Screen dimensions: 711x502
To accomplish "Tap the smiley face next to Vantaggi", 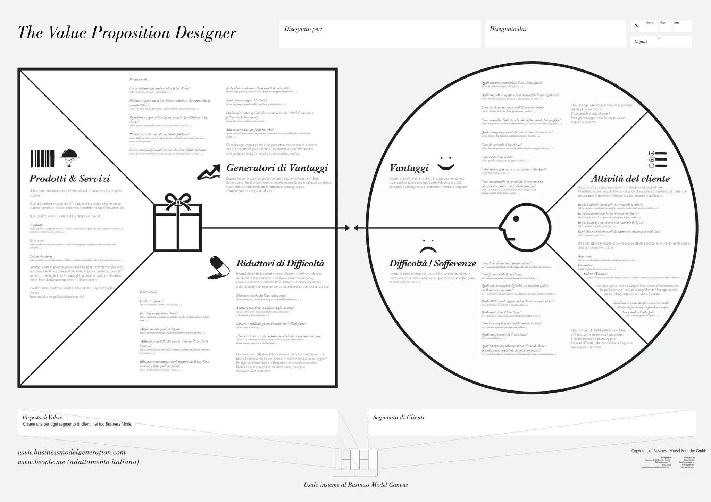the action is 446,163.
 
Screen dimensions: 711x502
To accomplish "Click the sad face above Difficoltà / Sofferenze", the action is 428,246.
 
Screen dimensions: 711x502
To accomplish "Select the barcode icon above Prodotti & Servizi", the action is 42,159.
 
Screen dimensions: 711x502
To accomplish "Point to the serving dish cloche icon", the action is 70,157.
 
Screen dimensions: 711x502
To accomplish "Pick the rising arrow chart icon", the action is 209,172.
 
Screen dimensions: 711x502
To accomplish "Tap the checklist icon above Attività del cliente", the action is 658,159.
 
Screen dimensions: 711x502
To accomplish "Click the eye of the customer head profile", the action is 516,219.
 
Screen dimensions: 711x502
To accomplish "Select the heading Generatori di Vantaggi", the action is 277,168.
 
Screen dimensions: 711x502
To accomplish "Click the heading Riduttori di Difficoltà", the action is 280,263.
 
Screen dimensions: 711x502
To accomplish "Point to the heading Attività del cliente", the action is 630,179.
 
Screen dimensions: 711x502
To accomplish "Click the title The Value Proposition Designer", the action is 127,33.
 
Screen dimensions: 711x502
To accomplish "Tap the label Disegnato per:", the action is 303,29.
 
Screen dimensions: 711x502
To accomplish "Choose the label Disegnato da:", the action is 508,29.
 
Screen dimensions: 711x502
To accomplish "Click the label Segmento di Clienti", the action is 399,417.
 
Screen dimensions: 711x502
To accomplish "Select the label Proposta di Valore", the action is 42,417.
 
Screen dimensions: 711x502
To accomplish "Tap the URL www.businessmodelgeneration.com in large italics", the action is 72,452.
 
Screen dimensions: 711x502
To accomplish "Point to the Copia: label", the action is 641,42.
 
